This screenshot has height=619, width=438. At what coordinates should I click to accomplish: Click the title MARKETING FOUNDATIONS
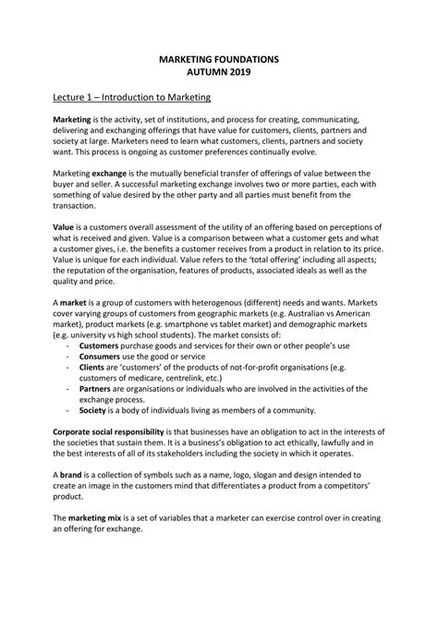(219, 58)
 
